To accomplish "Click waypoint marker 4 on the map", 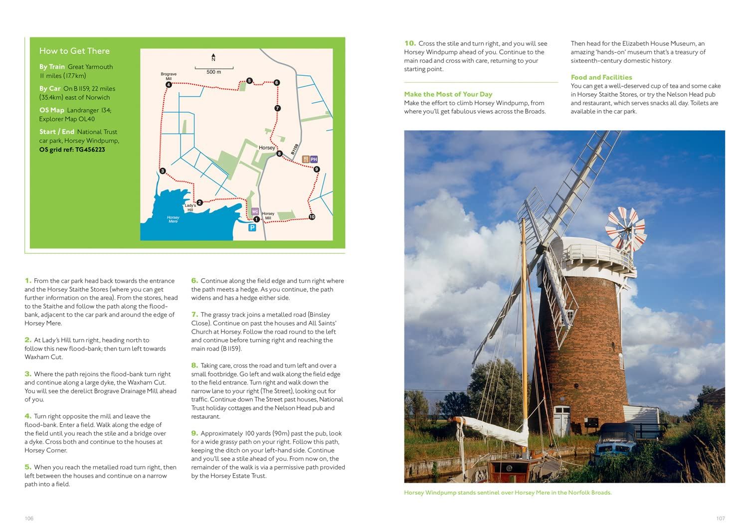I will click(x=169, y=85).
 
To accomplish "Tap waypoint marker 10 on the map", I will click(x=312, y=217).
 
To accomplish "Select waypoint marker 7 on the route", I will click(x=277, y=108).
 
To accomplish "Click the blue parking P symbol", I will click(x=252, y=228).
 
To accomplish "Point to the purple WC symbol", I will click(x=255, y=211).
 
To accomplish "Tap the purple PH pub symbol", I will click(x=314, y=160).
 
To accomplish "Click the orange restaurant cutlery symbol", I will click(x=305, y=160).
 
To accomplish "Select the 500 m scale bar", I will click(x=213, y=68).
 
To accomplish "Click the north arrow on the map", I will click(x=213, y=57).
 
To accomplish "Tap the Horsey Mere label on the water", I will click(x=173, y=219).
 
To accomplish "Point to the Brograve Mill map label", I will click(x=169, y=76).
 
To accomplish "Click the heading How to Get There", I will click(x=74, y=51).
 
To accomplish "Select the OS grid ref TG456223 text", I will click(x=72, y=150).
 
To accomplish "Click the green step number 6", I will click(x=194, y=281).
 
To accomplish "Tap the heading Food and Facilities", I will click(x=601, y=77).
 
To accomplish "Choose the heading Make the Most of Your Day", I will click(x=448, y=94).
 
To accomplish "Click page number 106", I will click(x=29, y=519).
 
